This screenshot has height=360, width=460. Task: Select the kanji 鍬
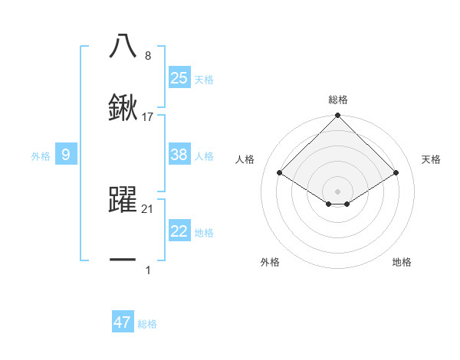click(123, 108)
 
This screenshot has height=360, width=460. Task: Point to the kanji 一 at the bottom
click(123, 261)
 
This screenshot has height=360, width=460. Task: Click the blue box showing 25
click(179, 78)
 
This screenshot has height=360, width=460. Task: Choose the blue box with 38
click(179, 155)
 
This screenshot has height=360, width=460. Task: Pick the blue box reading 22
click(179, 232)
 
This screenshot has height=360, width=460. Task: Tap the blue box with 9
click(66, 155)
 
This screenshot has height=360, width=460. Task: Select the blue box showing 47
click(123, 322)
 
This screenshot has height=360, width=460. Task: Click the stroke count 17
click(148, 117)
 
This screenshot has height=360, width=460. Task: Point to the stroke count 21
click(148, 208)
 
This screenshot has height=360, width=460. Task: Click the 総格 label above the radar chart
click(338, 100)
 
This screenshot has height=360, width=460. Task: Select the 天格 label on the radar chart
click(431, 159)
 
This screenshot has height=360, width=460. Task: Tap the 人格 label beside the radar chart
click(245, 159)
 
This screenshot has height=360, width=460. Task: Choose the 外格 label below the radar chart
click(270, 262)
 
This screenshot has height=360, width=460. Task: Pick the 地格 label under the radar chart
click(402, 262)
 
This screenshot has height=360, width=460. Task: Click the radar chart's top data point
click(338, 116)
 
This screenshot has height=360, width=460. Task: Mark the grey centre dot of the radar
click(338, 191)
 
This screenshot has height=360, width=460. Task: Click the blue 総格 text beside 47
click(147, 324)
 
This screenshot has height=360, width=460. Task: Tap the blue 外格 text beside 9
click(41, 156)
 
